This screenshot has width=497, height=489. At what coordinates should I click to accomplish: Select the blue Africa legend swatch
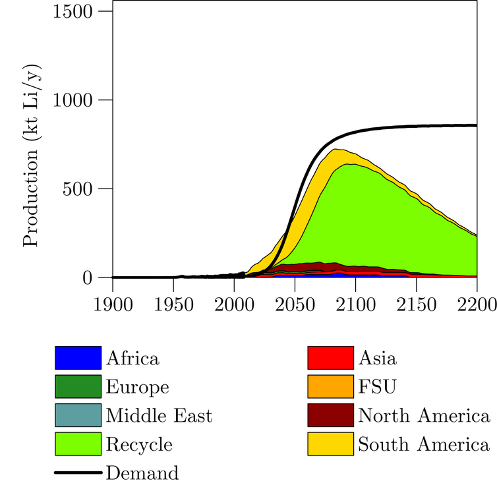coord(78,358)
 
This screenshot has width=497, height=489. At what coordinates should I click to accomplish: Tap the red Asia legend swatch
coord(331,358)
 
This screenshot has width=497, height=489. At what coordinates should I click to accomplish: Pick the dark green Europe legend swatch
coord(78,387)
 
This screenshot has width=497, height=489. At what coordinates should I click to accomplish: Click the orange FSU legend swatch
coord(331,387)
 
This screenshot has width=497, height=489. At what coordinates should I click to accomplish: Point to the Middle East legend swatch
coord(78,415)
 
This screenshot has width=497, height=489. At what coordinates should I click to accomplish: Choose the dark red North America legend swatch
coord(331,415)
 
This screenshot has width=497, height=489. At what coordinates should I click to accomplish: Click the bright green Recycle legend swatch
coord(78,444)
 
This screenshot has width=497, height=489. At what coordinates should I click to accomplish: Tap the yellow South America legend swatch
coord(331,444)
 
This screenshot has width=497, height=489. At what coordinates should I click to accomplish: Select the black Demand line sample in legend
coord(78,473)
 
